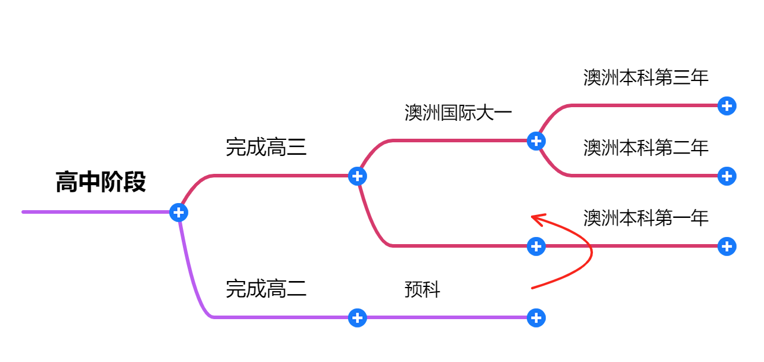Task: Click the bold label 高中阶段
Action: [101, 182]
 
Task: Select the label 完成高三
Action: [266, 146]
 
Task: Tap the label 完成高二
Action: [266, 289]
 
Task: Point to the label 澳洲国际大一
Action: [458, 113]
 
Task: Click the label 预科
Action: [422, 290]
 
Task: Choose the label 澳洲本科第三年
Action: [645, 77]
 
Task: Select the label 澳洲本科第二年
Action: [645, 147]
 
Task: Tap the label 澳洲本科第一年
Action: [645, 218]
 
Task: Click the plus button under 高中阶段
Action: [179, 212]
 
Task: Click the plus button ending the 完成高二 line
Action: [357, 318]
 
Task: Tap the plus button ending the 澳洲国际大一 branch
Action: [536, 141]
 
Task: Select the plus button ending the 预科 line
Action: [536, 318]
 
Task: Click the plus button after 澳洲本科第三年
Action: [726, 106]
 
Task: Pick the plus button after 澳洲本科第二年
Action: [726, 176]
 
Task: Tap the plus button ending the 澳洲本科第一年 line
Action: [726, 246]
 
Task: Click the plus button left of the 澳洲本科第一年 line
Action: [536, 246]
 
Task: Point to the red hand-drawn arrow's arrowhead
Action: [535, 218]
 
